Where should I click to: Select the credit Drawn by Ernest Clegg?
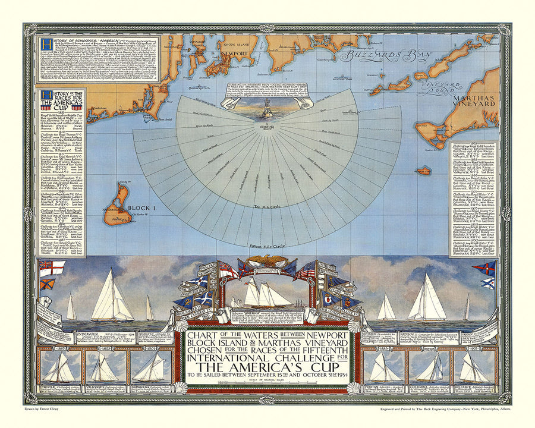49,410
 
